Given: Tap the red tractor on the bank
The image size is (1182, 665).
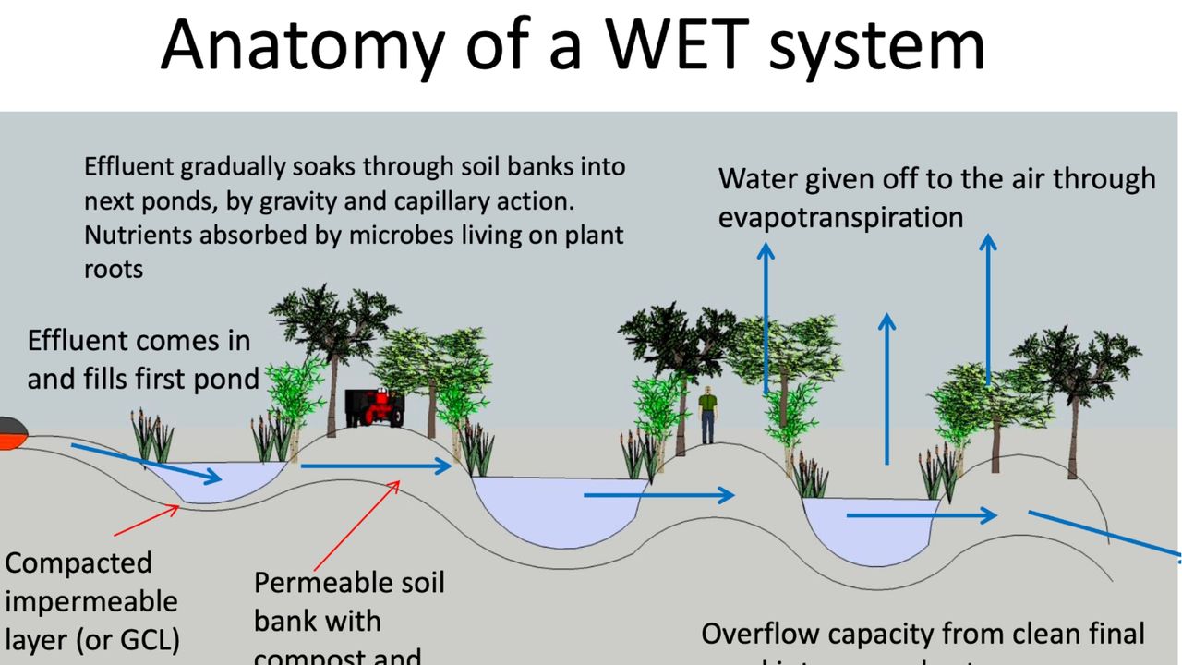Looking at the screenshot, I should [374, 407].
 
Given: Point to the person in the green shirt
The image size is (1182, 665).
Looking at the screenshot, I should [707, 413].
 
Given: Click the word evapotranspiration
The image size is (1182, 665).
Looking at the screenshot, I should [840, 218].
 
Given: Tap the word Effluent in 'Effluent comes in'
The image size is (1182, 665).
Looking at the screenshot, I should [78, 340].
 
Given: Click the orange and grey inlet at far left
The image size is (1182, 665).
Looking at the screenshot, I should [11, 432].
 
